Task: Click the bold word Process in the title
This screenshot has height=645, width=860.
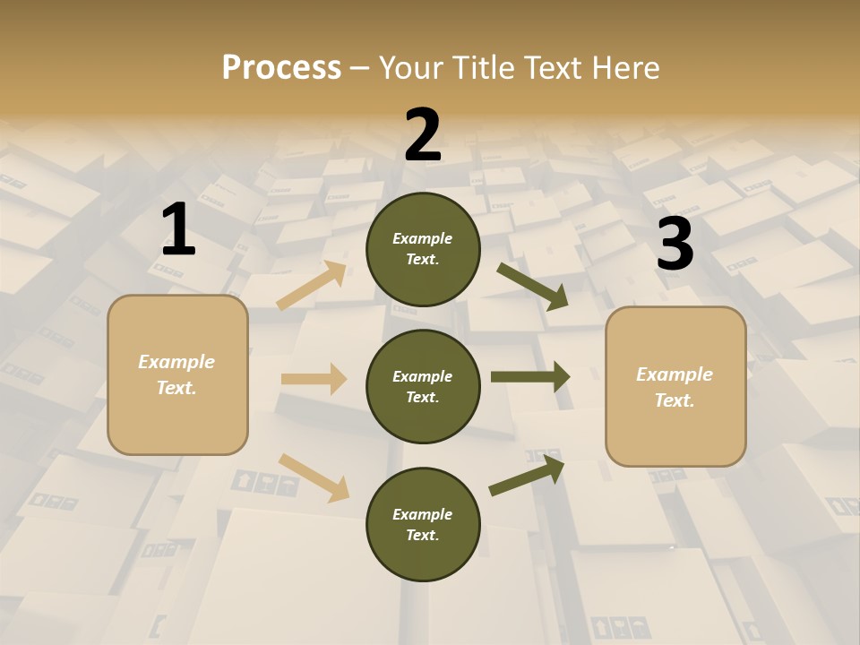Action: point(281,67)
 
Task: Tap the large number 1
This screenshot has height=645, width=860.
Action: point(178,230)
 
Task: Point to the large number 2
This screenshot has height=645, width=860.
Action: point(423,135)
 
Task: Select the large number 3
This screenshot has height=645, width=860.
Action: point(675,245)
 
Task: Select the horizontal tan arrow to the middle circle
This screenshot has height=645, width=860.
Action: point(314,379)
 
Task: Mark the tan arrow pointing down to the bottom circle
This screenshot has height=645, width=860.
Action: point(314,477)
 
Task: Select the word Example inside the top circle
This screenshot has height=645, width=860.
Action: point(423,238)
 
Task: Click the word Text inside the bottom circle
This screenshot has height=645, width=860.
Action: point(421,535)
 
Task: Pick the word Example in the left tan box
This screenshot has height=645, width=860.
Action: point(176,362)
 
